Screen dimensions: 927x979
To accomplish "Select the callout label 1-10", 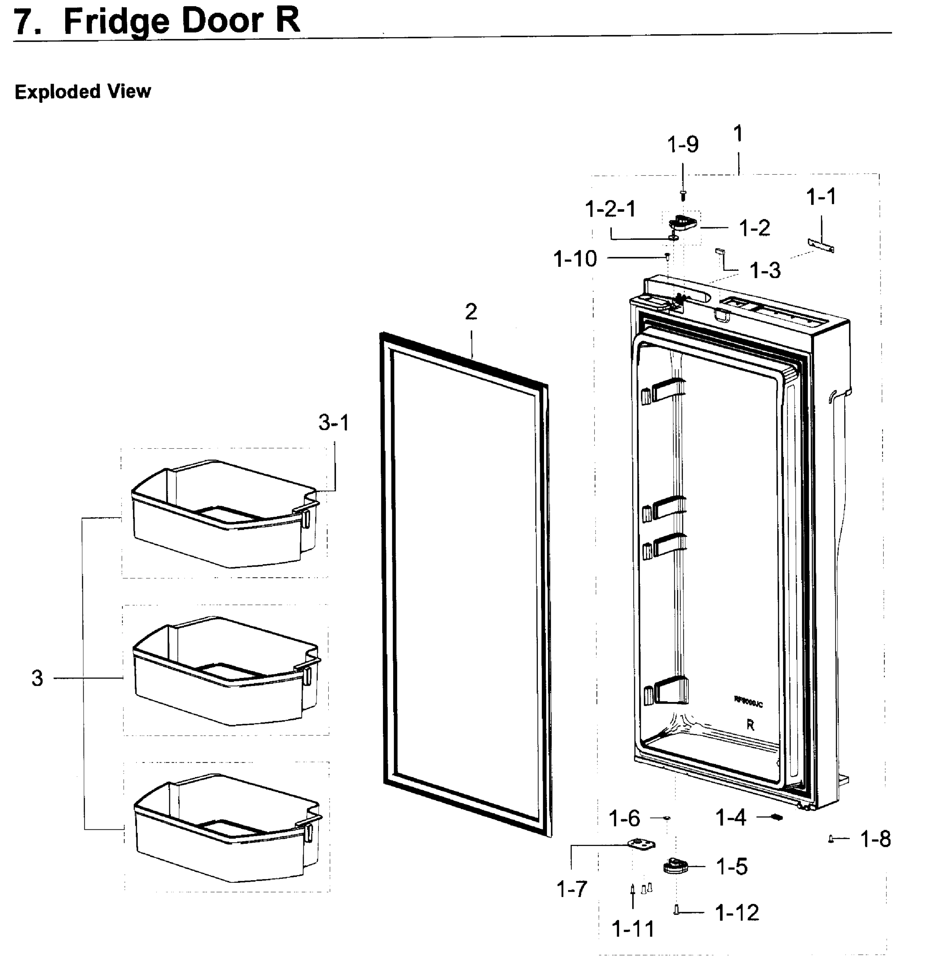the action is [x=575, y=259].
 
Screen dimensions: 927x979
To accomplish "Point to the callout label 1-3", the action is [x=765, y=271].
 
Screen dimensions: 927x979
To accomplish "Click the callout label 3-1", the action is [x=334, y=423].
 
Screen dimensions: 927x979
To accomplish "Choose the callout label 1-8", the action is [x=876, y=839].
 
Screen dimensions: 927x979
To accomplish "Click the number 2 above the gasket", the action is [x=471, y=312].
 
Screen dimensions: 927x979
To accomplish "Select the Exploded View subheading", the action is [x=82, y=92].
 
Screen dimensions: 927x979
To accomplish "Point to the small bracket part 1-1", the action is [x=821, y=245].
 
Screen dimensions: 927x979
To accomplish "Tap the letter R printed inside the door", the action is [x=750, y=725].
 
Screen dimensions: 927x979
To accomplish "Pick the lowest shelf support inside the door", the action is [x=667, y=691].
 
